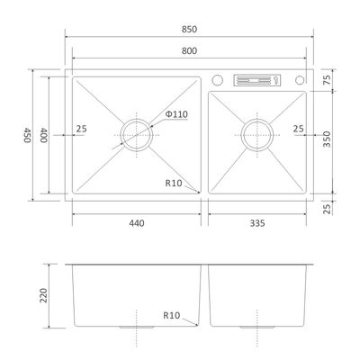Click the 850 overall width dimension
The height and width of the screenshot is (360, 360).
(x=189, y=29)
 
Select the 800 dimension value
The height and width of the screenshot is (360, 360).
(x=189, y=50)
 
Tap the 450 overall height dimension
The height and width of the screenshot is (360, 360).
(x=28, y=135)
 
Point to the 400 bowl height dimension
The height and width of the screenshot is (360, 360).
(x=44, y=135)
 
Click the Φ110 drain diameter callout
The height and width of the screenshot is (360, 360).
(x=176, y=114)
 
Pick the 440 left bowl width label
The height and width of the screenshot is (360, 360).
(x=137, y=223)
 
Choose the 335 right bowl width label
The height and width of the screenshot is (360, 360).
(x=257, y=223)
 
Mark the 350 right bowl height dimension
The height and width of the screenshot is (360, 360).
(x=327, y=139)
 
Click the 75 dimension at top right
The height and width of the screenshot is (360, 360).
(x=327, y=79)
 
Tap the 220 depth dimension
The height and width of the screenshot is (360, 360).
(x=44, y=295)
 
